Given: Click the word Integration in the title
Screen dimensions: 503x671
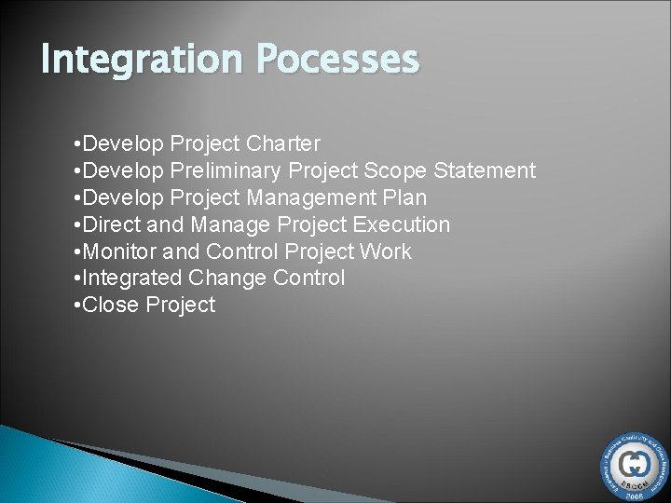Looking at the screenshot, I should tap(129, 61).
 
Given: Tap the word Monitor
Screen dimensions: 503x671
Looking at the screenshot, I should tap(119, 251).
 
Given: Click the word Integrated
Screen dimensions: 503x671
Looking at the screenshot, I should tap(133, 278).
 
